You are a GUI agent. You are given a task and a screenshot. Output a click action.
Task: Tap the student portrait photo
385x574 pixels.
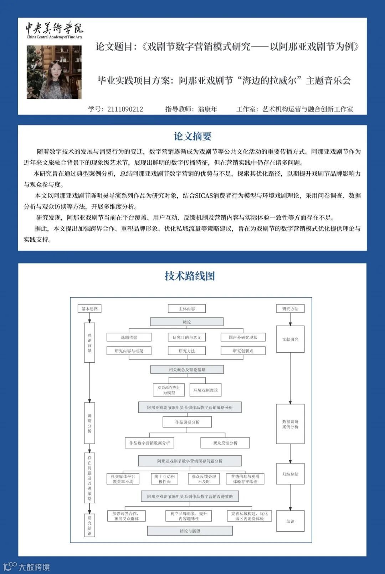coord(54,72)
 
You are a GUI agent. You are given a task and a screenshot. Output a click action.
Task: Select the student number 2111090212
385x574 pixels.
coord(125,109)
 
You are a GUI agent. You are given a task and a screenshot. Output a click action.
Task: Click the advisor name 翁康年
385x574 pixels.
coord(207,109)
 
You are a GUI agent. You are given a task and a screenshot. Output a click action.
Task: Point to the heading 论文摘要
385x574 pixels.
coord(192,136)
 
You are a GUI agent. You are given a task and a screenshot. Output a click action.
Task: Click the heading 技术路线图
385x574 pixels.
coord(190,276)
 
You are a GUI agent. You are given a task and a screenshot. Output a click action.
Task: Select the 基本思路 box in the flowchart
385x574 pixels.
coord(89,309)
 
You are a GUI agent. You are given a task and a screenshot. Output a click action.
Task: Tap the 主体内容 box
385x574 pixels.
coord(187,309)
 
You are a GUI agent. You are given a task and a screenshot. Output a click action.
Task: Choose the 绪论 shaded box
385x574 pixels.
coord(187,322)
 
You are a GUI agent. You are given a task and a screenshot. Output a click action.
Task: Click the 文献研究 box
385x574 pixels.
coord(290,339)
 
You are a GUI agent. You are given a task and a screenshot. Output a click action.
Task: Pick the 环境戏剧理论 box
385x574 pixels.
coord(205,390)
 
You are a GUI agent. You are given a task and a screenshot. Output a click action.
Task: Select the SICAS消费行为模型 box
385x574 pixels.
coord(169,390)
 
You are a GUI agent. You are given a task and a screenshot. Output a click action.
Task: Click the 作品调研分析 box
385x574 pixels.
coord(187,422)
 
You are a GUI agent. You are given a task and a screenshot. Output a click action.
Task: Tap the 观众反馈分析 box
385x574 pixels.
coord(225,443)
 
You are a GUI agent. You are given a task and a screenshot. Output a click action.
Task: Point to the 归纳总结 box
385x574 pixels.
coord(290,474)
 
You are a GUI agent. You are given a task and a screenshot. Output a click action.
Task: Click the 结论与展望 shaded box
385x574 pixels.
coord(190,531)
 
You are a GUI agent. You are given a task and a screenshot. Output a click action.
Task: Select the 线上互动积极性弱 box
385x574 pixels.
coord(164,479)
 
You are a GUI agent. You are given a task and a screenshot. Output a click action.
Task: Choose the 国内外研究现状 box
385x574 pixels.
coord(243,337)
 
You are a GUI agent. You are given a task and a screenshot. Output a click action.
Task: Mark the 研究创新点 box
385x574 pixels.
coord(243,351)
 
